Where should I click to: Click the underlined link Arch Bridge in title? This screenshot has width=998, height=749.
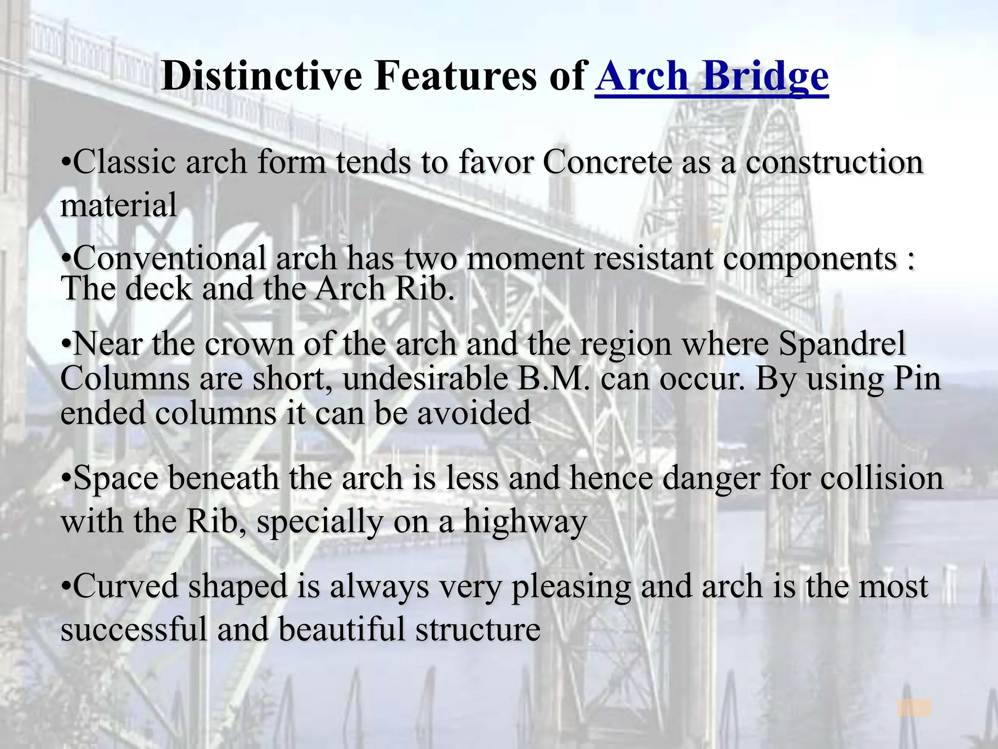pos(711,77)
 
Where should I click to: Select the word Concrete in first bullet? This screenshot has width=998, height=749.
pos(607,161)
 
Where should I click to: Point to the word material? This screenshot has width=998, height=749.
pos(118,205)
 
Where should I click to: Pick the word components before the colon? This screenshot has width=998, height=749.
pos(809,259)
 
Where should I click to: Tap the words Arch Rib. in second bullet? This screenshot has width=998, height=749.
pos(385,288)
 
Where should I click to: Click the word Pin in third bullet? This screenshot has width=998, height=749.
pos(917,378)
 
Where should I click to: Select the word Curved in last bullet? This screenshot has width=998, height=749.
pos(126,586)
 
